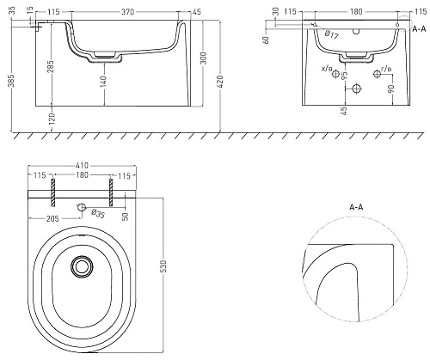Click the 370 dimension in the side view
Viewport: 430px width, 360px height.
point(127,12)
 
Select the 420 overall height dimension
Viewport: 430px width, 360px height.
point(220,81)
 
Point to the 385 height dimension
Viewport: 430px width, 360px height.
point(12,81)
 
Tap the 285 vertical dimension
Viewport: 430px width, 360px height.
point(51,66)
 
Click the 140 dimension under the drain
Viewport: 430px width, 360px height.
point(103,81)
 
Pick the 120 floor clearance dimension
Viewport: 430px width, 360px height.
point(52,119)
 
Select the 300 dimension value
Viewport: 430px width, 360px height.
point(203,58)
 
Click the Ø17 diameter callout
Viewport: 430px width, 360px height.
point(331,34)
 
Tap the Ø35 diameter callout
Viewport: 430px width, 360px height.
point(98,214)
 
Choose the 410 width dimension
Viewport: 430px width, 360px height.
point(82,166)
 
